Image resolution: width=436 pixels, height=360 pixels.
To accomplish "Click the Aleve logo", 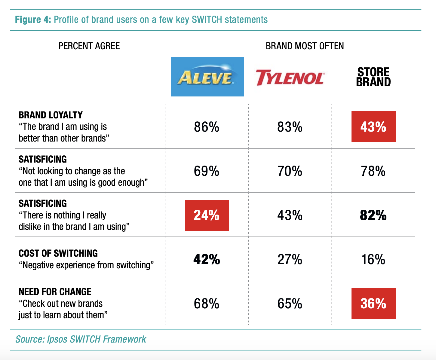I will [207, 77].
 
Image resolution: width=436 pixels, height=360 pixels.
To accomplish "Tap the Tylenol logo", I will [290, 78].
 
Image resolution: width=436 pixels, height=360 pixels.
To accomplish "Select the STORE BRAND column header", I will [373, 77].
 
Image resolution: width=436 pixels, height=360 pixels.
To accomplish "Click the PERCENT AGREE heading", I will [89, 46].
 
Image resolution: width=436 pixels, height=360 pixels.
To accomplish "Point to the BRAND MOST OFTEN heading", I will [305, 46].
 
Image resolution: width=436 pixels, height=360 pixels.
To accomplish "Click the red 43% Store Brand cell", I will [373, 127].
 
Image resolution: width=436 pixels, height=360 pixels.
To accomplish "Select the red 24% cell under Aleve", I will [207, 215].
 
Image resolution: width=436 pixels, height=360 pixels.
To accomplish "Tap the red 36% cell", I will [373, 303].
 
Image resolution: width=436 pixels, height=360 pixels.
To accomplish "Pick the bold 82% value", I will [373, 215].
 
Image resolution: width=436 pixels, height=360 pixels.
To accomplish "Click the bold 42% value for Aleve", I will [207, 259].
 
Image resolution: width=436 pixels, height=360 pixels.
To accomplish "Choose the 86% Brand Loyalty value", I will [207, 127].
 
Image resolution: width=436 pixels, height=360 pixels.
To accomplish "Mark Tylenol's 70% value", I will [290, 171].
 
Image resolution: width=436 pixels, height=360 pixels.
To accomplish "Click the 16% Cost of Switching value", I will [373, 259].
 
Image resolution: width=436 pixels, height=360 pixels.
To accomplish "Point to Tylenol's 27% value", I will [290, 259].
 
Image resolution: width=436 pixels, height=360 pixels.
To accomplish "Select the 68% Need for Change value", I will [207, 304].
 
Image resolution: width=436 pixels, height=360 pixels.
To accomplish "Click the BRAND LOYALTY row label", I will [51, 115].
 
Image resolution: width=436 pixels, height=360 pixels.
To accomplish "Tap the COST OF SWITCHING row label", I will [58, 253].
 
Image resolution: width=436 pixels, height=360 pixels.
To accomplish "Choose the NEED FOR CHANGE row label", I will [55, 292].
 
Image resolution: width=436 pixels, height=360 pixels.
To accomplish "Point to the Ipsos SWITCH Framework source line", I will [81, 339].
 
